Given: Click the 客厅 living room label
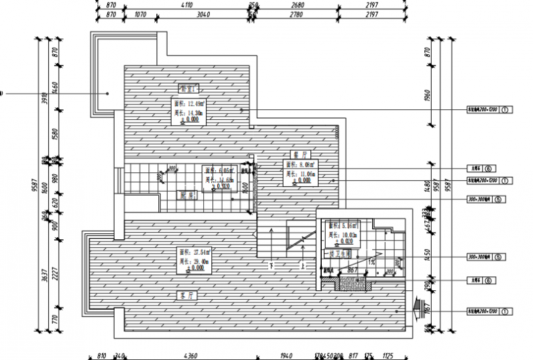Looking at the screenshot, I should point(186,295).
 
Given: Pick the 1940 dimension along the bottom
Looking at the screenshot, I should point(286,355).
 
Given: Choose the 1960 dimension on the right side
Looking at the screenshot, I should point(427,95).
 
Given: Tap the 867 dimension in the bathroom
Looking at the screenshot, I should point(352,271).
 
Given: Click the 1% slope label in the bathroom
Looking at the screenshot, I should point(372,263).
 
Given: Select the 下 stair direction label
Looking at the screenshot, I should point(271,266).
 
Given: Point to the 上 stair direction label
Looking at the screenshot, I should point(304,266).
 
